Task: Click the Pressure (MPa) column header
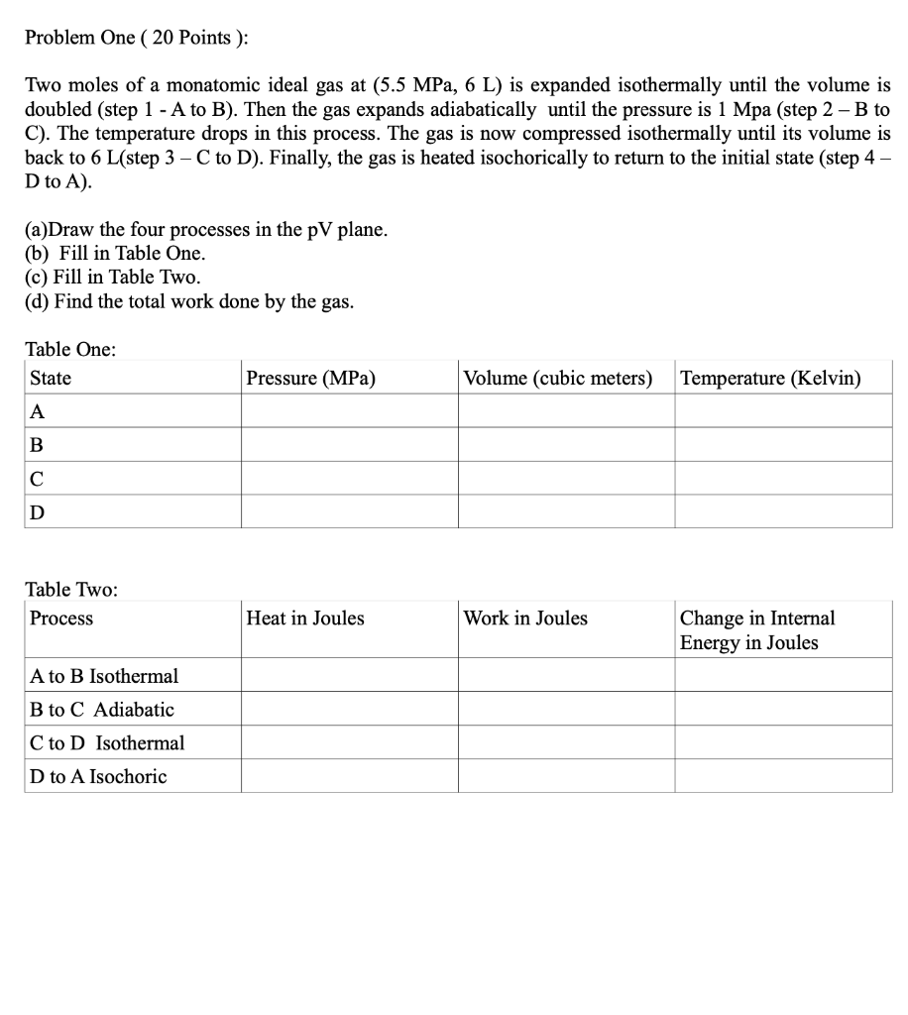[310, 379]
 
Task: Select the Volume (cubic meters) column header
[558, 379]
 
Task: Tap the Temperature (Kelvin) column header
[770, 379]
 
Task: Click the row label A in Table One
[38, 411]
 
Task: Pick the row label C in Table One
[38, 479]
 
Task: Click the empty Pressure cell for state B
[349, 445]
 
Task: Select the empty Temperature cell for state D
[783, 512]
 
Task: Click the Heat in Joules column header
[305, 619]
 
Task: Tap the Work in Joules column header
[525, 619]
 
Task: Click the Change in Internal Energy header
[756, 630]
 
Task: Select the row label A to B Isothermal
[104, 676]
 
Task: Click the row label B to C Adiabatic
[102, 710]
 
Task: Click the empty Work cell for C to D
[566, 742]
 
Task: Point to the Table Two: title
[71, 590]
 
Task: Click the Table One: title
[70, 349]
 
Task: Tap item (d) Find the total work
[188, 301]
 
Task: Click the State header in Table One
[51, 379]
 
